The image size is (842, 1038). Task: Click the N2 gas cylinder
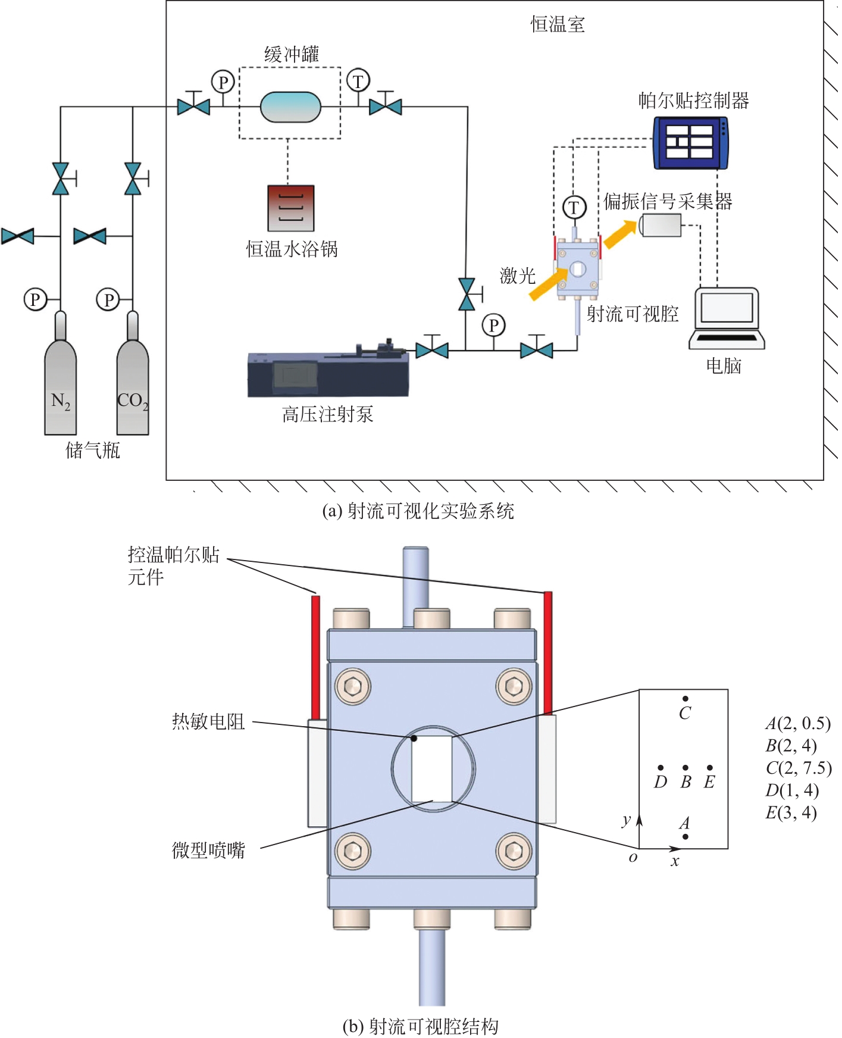point(61,387)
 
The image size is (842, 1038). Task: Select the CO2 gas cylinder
point(133,387)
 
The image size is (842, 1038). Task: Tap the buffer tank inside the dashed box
point(290,107)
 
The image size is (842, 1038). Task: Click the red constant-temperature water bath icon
point(290,208)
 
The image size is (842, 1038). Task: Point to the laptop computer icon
point(727,318)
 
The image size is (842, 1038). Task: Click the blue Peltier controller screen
point(690,143)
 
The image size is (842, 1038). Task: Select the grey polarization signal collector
point(661,225)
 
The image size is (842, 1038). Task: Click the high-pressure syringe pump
point(328,372)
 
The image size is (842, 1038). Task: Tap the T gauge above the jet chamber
point(574,208)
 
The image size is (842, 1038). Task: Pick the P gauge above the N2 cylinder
point(35,299)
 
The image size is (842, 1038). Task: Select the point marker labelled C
point(686,699)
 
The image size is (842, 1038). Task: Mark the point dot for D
point(661,768)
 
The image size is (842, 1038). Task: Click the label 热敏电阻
point(208,721)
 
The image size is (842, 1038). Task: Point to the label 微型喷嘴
point(208,850)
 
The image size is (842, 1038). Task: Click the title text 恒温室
point(558,24)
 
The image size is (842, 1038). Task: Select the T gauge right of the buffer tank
point(358,81)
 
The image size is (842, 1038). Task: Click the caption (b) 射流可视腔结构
point(420,1026)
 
